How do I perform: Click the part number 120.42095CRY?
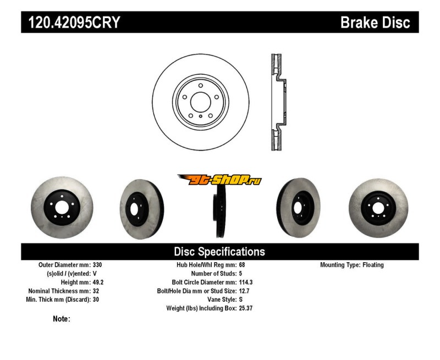(71, 23)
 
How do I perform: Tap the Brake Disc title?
(375, 23)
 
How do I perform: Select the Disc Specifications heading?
(219, 252)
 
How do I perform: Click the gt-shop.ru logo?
(219, 180)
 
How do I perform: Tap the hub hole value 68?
(243, 265)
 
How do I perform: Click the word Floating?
(373, 265)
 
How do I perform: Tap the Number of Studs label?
(214, 274)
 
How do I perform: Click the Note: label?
(62, 319)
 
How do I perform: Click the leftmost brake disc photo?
(62, 208)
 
